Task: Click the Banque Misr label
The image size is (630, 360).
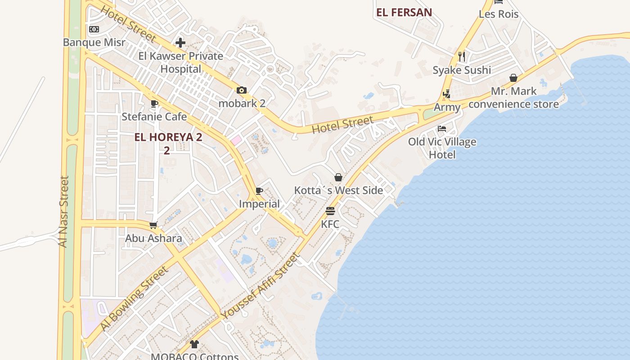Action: pyautogui.click(x=94, y=42)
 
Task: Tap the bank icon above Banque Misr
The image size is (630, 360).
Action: pyautogui.click(x=94, y=29)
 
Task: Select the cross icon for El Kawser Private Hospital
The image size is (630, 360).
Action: pyautogui.click(x=180, y=43)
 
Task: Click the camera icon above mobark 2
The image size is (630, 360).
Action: pyautogui.click(x=242, y=90)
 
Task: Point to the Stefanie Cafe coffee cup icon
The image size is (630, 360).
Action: pyautogui.click(x=154, y=103)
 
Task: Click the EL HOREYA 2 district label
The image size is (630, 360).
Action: pyautogui.click(x=168, y=137)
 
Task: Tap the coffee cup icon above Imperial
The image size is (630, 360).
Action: pyautogui.click(x=259, y=191)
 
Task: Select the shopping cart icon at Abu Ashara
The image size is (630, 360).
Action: pyautogui.click(x=153, y=225)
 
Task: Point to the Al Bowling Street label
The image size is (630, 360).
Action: pyautogui.click(x=134, y=298)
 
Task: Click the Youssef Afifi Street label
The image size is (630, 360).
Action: pyautogui.click(x=261, y=287)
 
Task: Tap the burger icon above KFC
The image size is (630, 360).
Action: pyautogui.click(x=330, y=211)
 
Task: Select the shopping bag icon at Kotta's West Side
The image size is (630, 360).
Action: pyautogui.click(x=338, y=177)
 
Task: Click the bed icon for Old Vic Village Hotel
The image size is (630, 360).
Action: pyautogui.click(x=442, y=129)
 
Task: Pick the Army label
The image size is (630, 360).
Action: pyautogui.click(x=447, y=107)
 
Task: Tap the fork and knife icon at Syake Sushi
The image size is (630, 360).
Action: pyautogui.click(x=462, y=56)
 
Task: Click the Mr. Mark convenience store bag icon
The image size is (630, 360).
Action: pyautogui.click(x=513, y=78)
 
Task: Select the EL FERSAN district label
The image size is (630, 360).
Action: pyautogui.click(x=404, y=13)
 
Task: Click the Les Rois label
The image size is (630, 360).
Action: pyautogui.click(x=499, y=14)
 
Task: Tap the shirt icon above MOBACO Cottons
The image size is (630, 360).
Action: pyautogui.click(x=194, y=344)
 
